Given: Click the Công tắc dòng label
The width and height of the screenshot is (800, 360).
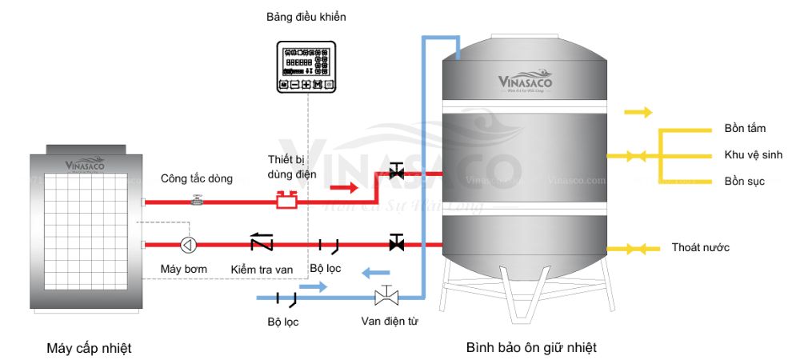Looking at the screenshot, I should pos(197,178).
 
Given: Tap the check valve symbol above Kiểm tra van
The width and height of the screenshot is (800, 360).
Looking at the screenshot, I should pos(262,243).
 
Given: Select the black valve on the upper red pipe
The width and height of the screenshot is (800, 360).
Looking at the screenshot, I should pos(395,171).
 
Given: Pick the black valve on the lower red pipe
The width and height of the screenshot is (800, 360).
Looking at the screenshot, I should pos(395,243).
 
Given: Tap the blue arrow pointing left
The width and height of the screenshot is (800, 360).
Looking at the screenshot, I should pos(374,273).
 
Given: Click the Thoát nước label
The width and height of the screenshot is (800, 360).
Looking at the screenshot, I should pos(701,248).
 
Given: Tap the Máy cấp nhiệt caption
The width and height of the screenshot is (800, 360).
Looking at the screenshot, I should pos(89,348).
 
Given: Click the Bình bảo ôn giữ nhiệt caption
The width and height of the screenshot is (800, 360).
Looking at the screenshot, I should pos(531,348).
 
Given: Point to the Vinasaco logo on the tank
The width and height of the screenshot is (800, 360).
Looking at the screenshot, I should pos(525,82).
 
